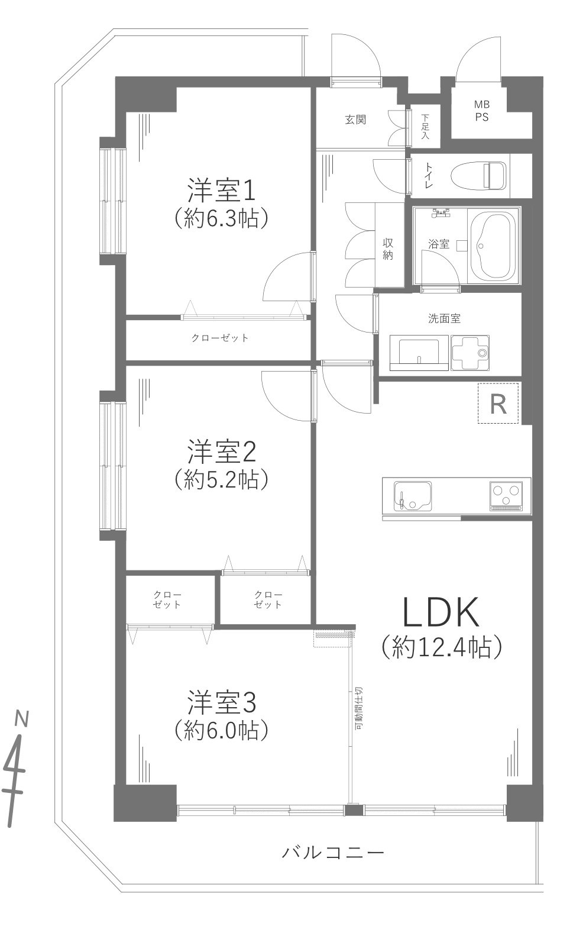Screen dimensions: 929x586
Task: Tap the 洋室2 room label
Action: [221, 453]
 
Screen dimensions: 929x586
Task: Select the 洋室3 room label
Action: [221, 703]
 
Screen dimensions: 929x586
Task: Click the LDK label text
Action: [441, 613]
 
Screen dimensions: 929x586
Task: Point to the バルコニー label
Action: [333, 853]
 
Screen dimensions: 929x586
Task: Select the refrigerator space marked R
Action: [498, 404]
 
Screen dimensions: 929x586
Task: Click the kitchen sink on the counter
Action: [413, 495]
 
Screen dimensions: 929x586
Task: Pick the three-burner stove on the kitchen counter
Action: [506, 495]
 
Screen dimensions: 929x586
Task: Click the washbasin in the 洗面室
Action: [419, 353]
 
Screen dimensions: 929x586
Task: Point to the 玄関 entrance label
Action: [355, 120]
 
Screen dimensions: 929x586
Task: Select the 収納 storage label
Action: [388, 249]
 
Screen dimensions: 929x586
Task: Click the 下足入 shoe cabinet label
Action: [425, 127]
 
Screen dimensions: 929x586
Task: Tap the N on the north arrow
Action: [22, 719]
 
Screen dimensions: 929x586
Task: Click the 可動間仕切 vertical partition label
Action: [359, 708]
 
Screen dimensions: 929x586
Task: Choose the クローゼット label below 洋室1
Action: [220, 338]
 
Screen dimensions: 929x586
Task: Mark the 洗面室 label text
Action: [444, 318]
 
